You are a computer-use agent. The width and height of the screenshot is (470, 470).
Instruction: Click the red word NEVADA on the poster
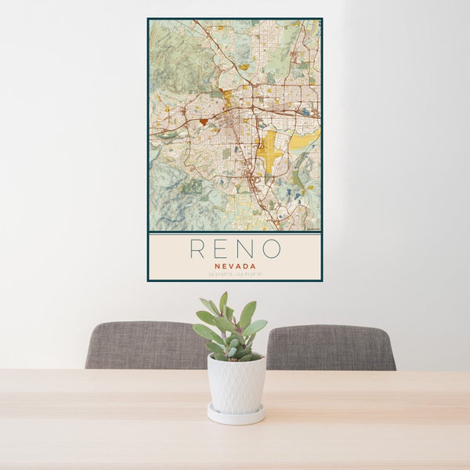(x=234, y=265)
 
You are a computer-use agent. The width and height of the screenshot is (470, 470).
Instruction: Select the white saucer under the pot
(x=236, y=415)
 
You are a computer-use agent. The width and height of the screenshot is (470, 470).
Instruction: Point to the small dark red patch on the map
(x=204, y=121)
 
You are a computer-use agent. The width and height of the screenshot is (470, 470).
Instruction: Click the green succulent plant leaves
(x=231, y=329)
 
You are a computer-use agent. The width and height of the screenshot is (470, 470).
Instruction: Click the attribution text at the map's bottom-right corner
(x=313, y=230)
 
